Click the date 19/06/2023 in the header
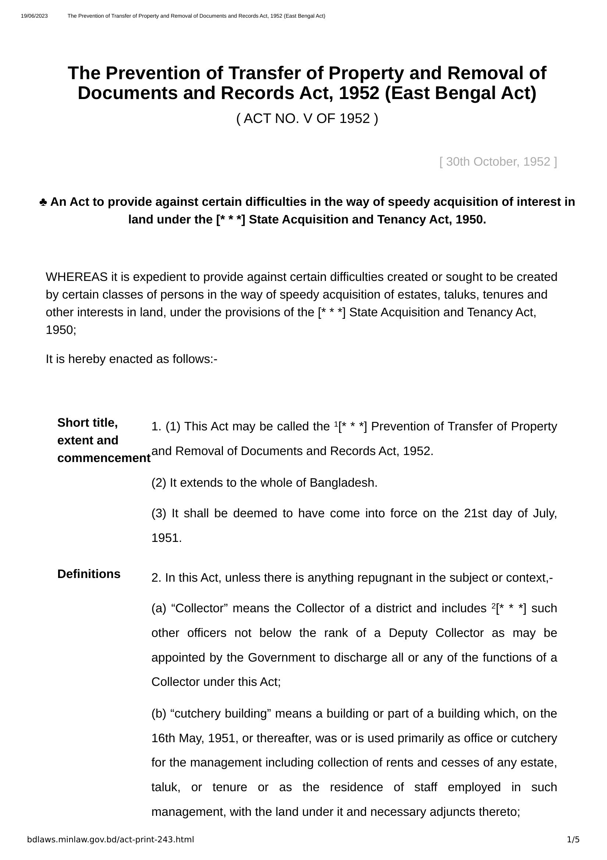coord(34,16)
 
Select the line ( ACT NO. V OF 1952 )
coord(307,119)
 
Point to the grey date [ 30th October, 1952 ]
coord(498,162)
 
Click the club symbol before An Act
coord(43,202)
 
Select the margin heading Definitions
coord(89,574)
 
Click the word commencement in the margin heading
coord(104,458)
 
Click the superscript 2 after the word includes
coord(493,605)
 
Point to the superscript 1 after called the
coord(335,423)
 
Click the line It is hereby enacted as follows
coord(131,359)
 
